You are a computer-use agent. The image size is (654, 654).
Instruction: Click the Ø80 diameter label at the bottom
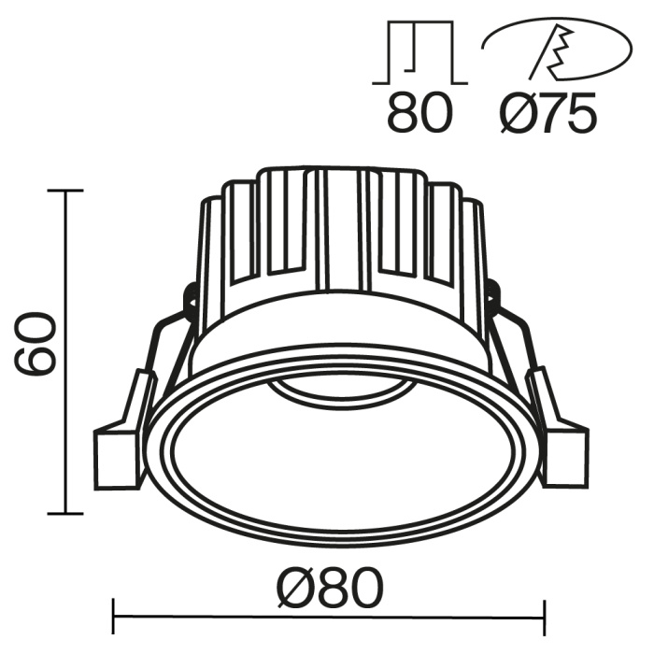(x=329, y=589)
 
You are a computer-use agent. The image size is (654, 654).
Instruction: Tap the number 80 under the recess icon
(x=419, y=113)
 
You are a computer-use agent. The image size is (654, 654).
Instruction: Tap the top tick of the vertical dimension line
(x=64, y=191)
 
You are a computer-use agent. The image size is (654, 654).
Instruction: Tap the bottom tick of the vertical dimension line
(x=64, y=513)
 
